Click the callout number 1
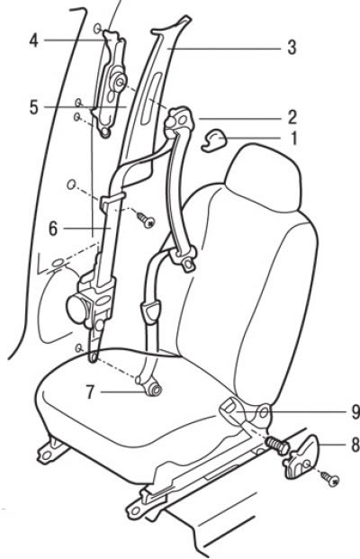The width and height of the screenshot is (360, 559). coord(293,138)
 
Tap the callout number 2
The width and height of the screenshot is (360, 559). coord(292,117)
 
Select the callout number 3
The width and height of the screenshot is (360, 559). coord(292,48)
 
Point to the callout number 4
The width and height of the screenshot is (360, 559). coord(33,41)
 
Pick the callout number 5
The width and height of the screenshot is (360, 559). coord(33,107)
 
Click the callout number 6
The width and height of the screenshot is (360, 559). coord(53,229)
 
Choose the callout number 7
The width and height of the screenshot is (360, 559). coord(90,392)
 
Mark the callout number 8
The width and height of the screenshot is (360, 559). coord(355,445)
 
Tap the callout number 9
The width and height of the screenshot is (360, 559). coord(355,411)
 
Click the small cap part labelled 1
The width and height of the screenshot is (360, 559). coord(214,140)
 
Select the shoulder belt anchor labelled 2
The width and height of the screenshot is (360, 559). coord(179,122)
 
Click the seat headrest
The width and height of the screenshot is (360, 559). coord(265,178)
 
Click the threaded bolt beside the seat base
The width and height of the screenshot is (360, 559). coord(277,446)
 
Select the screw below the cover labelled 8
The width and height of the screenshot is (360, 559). coord(329,479)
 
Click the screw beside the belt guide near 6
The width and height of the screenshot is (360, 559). coord(146,221)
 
